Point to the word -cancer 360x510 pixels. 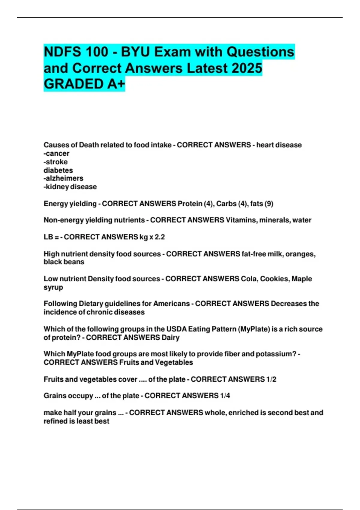coord(56,154)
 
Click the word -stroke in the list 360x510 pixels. coord(55,162)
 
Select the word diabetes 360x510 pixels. coord(58,170)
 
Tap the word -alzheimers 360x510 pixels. coord(63,178)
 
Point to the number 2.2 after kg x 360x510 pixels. coord(160,237)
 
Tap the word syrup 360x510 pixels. coord(53,287)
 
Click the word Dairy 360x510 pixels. coord(170,337)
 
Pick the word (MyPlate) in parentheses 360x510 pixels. coord(254,329)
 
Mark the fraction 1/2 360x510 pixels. coord(271,379)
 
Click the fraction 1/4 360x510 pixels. coord(225,396)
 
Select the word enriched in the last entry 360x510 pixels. coord(243,413)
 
